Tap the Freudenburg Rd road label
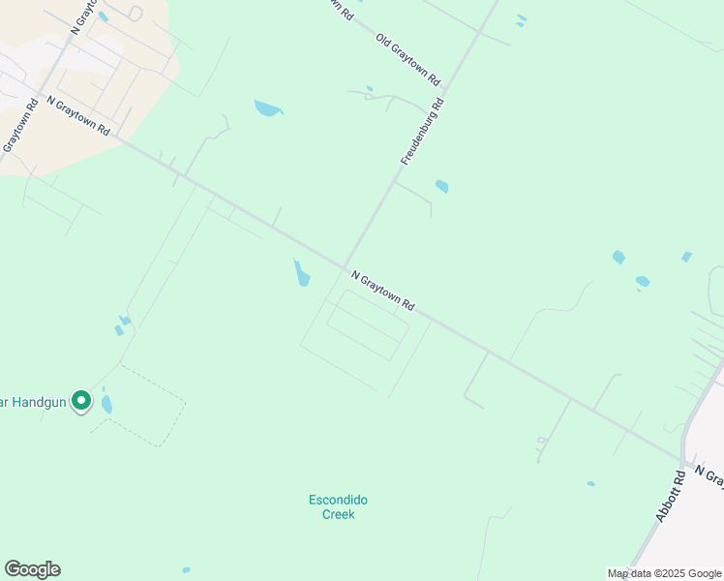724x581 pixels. coord(422,130)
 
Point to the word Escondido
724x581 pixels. coord(338,500)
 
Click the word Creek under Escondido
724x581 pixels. coord(338,514)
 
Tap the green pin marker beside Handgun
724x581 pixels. coord(82,399)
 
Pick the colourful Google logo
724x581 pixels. coord(32,569)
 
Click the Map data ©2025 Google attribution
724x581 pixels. coord(664,573)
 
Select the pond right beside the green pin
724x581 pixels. coord(106,404)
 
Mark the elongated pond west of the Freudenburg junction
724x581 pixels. coord(302,273)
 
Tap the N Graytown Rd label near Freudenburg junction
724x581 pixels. coord(383,290)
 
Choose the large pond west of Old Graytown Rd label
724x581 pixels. coord(267,108)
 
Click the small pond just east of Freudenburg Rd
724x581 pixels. coord(442,186)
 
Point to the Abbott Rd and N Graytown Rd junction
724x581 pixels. coord(683,461)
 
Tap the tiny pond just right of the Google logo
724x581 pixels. coord(186,569)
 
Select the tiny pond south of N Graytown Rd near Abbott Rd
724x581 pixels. coord(590,483)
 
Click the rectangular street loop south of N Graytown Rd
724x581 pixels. coord(368,326)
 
